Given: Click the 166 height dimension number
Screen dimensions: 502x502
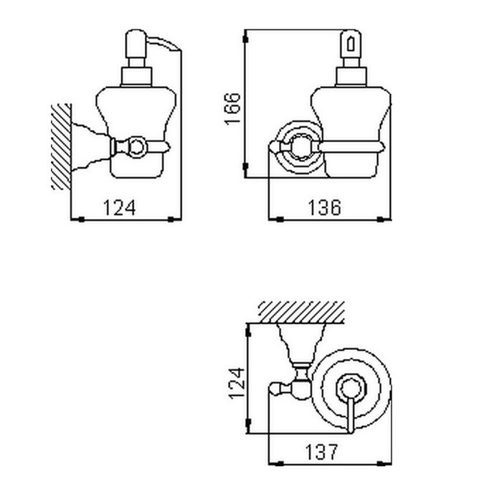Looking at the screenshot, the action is pyautogui.click(x=232, y=108).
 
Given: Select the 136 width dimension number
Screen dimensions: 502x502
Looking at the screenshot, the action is pyautogui.click(x=324, y=207).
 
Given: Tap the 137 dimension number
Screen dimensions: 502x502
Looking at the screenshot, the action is pyautogui.click(x=321, y=452).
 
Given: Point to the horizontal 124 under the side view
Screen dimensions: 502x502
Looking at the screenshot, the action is pyautogui.click(x=120, y=207).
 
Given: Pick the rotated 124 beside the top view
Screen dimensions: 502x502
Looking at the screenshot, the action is pyautogui.click(x=237, y=383).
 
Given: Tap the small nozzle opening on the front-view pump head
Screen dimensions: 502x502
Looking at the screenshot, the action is pyautogui.click(x=351, y=44).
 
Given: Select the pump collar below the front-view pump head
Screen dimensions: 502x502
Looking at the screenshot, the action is pyautogui.click(x=351, y=77).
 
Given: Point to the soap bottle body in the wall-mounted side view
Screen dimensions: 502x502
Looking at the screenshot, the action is pyautogui.click(x=136, y=132).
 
